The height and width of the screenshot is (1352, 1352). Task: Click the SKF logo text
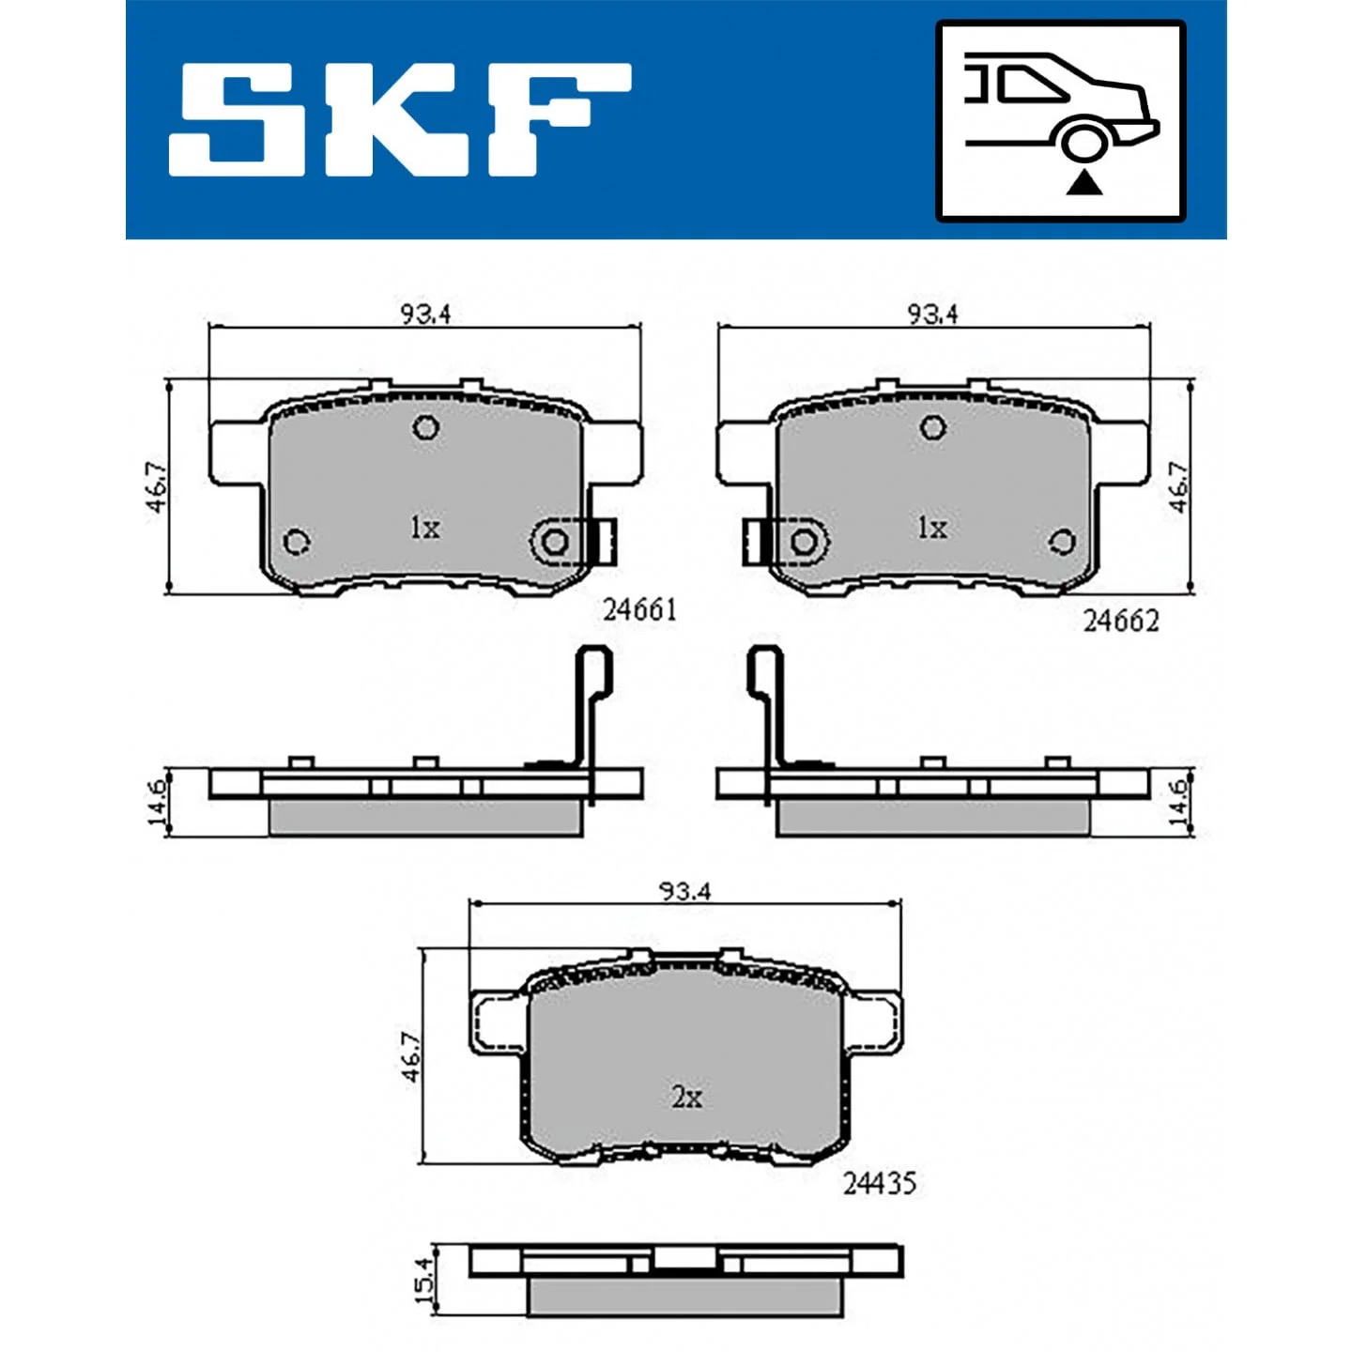click(400, 120)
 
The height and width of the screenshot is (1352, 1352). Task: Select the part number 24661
click(640, 610)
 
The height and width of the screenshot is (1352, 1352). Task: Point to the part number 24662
click(1120, 621)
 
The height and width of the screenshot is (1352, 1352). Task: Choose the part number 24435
click(880, 1184)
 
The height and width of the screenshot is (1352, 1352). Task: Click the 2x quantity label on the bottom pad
click(686, 1098)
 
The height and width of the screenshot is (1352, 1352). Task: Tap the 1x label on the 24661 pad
click(425, 528)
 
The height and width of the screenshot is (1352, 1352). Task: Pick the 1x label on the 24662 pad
click(932, 528)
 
